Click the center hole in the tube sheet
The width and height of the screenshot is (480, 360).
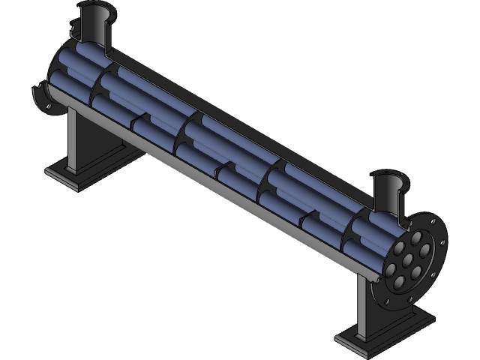coord(410,257)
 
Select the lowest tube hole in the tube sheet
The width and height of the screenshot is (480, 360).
coord(400,282)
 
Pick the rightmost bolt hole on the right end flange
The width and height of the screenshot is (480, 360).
coord(442,241)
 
